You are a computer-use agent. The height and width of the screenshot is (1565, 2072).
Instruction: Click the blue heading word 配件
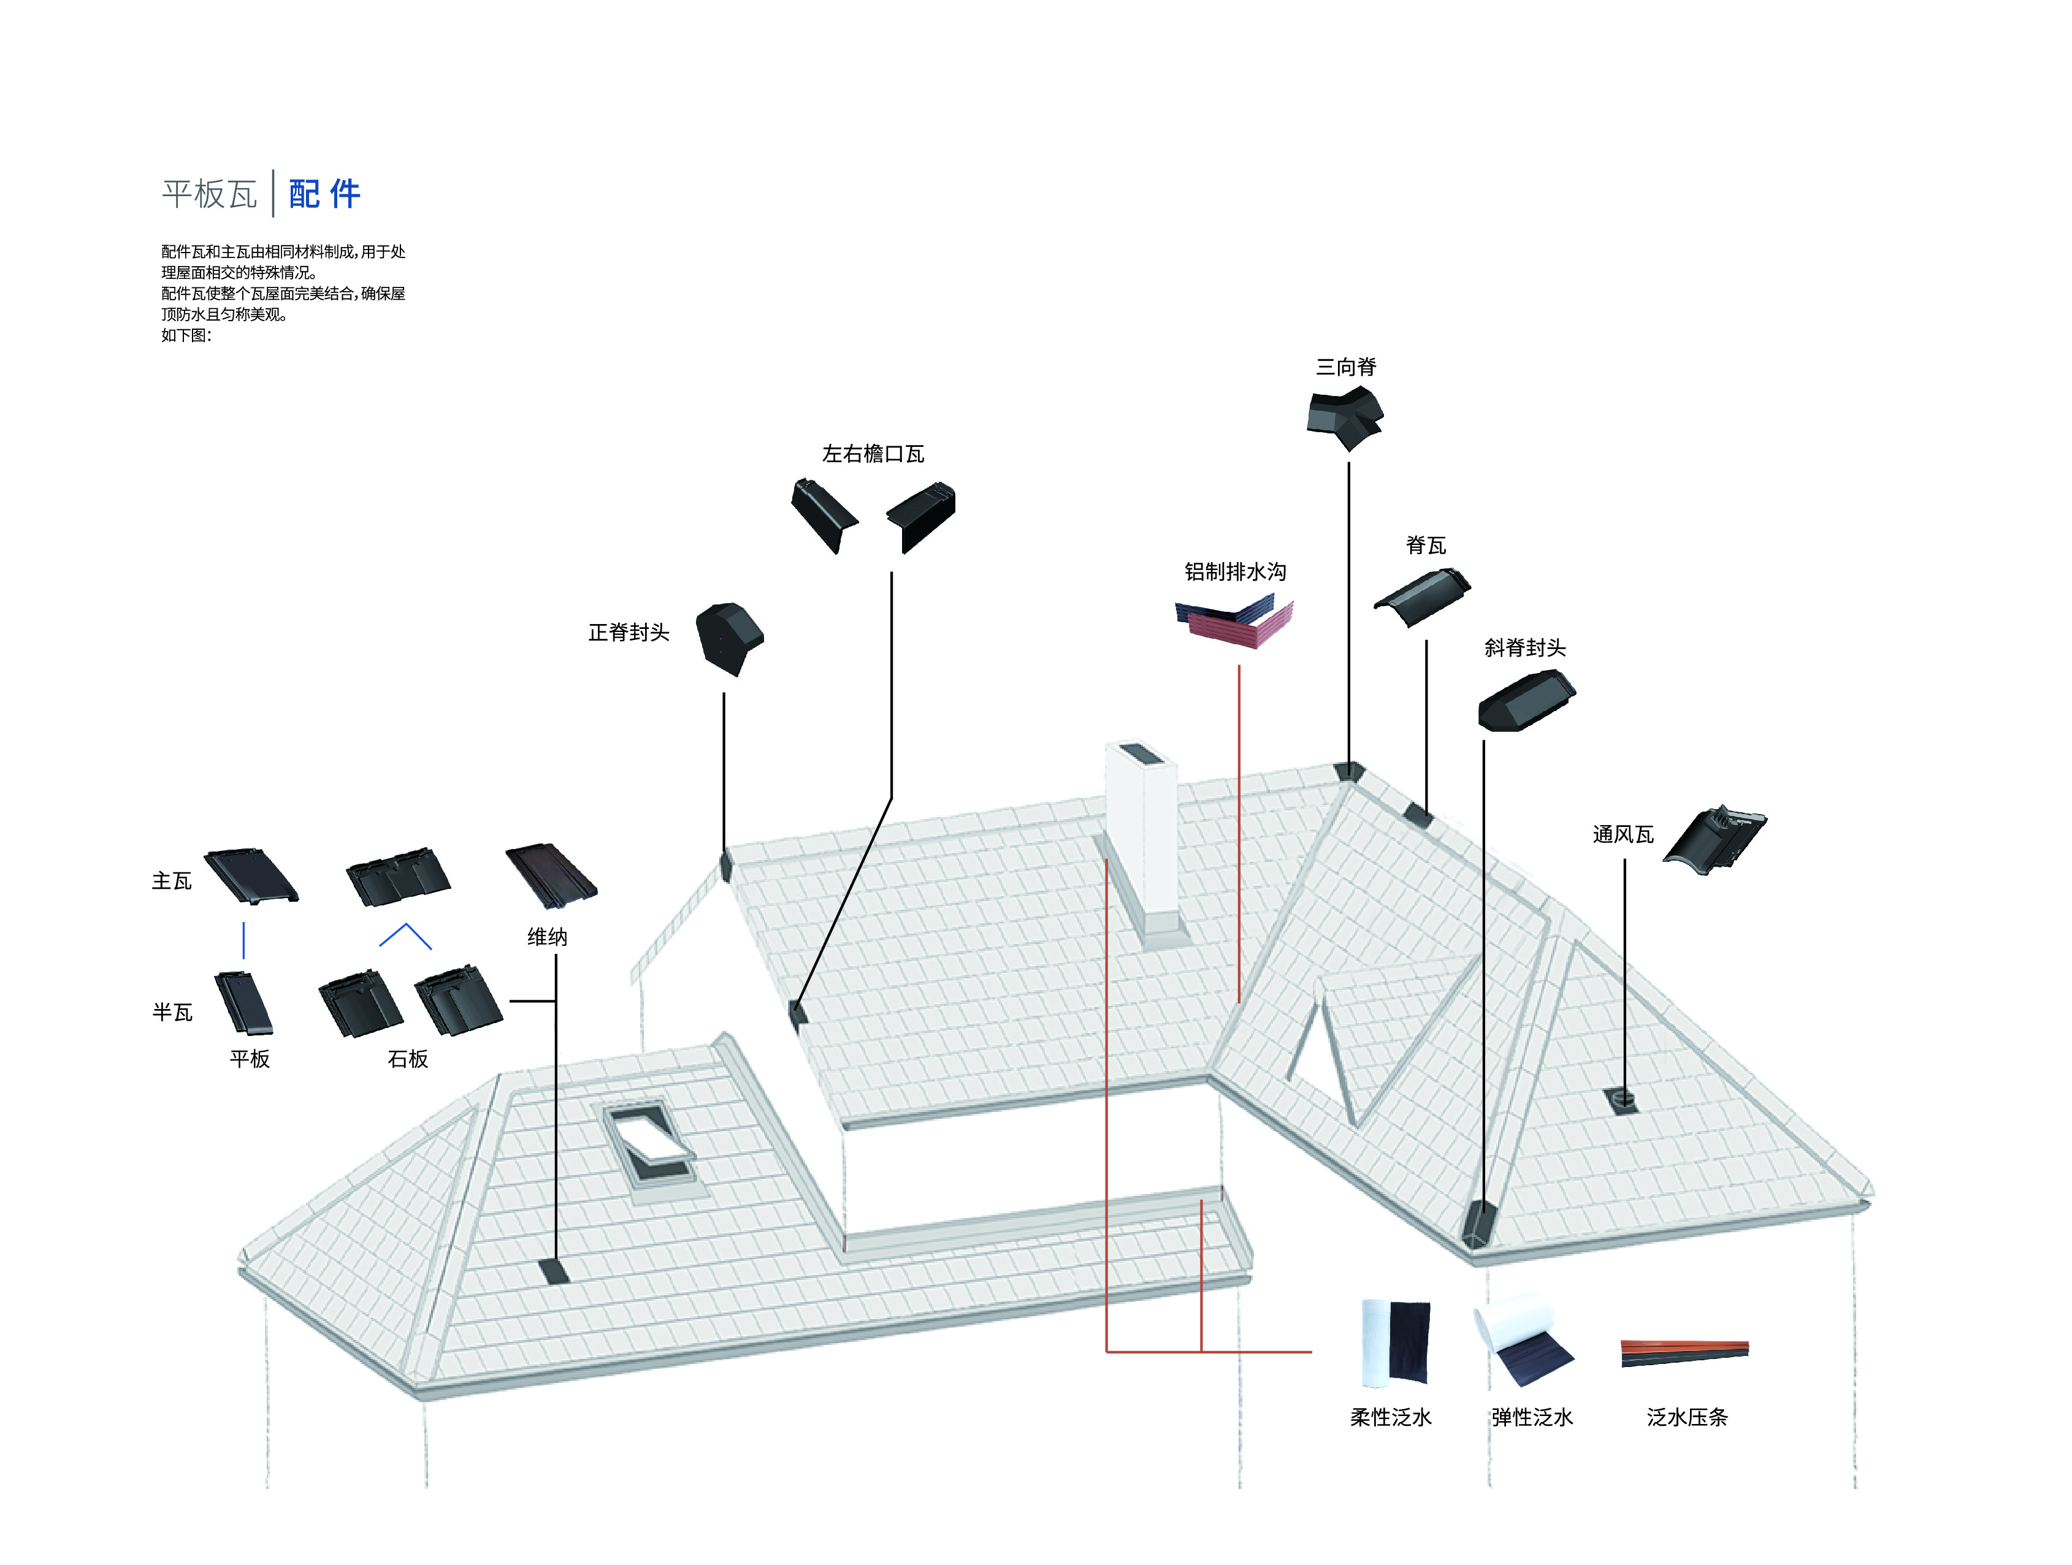coord(324,194)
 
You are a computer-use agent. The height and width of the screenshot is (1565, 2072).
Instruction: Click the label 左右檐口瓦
coord(873,454)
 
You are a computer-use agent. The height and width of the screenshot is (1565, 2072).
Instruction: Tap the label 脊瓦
coord(1426,545)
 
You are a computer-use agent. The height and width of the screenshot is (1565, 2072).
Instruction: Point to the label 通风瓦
coord(1623,834)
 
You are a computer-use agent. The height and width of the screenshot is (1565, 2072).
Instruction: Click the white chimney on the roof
coord(1141,834)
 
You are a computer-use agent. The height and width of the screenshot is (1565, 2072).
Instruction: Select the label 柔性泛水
coord(1390,1418)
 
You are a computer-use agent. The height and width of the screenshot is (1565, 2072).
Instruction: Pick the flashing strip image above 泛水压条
coord(1684,1352)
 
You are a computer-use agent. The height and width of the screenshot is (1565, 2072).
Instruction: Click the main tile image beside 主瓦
coord(251,876)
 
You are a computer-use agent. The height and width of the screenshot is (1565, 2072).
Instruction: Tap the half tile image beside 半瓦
coord(243,1002)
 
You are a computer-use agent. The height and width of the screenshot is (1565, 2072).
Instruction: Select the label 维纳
coord(547,937)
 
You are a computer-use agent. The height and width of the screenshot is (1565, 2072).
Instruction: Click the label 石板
coord(407,1059)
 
